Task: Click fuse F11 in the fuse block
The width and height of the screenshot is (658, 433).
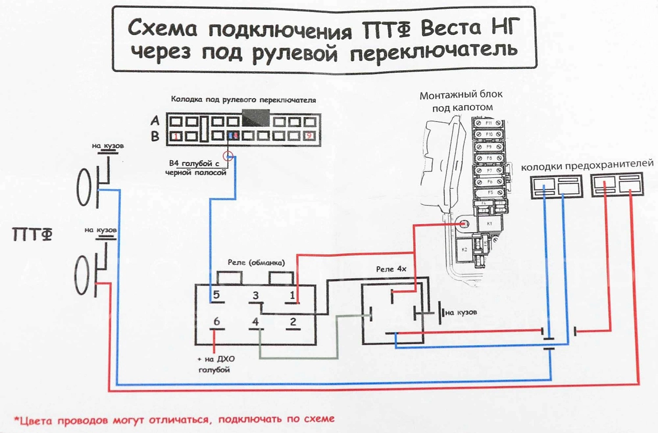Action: (489, 123)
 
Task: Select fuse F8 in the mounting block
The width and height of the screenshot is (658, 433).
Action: (489, 157)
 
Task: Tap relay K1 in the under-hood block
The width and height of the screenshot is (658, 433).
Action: (490, 224)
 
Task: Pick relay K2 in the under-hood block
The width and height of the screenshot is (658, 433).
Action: (464, 250)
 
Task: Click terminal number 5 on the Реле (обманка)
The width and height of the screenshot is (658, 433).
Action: (216, 295)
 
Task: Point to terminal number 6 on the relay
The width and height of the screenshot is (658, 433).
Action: (216, 322)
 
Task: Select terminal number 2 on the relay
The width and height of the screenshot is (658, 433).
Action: (293, 322)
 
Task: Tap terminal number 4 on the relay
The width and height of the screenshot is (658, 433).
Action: (255, 322)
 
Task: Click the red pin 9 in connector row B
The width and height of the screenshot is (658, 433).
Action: (309, 136)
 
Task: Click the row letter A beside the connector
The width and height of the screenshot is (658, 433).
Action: (155, 121)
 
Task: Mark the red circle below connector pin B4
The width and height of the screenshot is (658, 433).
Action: (228, 155)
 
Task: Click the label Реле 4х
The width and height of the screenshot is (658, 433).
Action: (391, 269)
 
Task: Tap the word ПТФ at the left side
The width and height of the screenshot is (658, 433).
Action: (32, 235)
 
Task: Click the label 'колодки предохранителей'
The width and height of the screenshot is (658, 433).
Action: (587, 165)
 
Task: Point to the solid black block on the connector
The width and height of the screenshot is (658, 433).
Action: (255, 118)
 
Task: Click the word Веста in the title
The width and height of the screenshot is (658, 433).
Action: (451, 29)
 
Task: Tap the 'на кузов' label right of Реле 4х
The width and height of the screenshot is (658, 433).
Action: (460, 312)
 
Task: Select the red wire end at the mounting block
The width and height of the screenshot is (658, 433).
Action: (464, 224)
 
